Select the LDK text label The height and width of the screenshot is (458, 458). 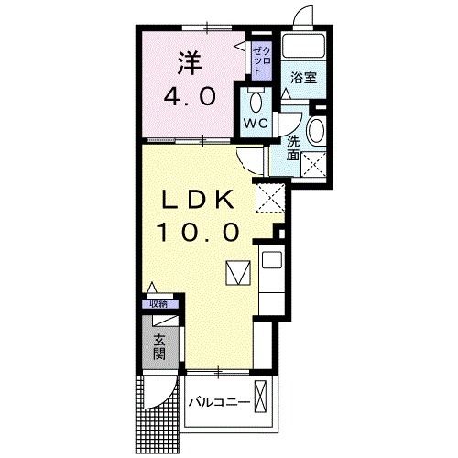[202, 200]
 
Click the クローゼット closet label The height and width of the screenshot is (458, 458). [259, 60]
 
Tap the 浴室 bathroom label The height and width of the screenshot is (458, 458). [305, 78]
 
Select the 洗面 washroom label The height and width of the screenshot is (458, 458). [293, 147]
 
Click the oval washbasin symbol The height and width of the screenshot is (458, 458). [317, 129]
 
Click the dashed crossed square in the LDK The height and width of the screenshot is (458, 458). [268, 196]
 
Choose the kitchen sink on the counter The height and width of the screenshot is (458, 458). [273, 260]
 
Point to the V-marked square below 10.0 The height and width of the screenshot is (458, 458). [237, 273]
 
